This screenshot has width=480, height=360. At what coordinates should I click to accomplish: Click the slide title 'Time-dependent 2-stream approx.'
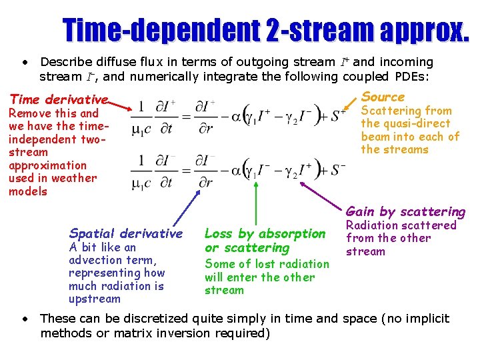[265, 29]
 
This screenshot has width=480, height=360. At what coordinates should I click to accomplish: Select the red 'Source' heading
[383, 97]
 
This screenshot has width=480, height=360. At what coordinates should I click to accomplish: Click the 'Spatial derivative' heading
[125, 233]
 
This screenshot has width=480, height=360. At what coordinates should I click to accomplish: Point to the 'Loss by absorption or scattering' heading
[265, 241]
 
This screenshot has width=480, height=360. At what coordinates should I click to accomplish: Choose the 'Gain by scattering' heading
[405, 211]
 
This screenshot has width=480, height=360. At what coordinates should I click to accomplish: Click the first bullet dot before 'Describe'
[24, 63]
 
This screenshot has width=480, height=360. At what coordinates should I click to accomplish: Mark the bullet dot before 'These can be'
[24, 319]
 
